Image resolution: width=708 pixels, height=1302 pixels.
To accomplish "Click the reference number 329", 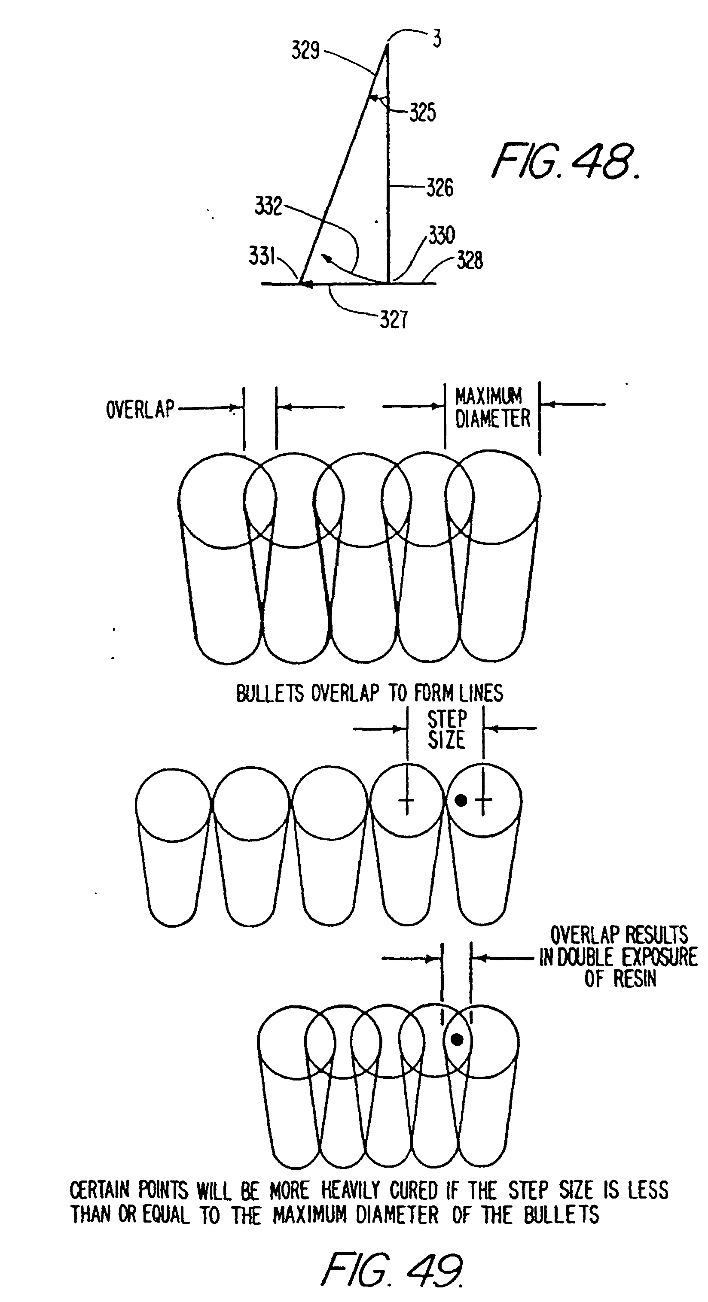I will [x=305, y=51].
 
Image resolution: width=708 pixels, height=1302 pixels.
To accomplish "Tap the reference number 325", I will [x=422, y=112].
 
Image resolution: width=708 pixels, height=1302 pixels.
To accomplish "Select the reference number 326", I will [x=439, y=188].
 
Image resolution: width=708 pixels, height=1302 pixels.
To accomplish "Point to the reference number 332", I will [x=268, y=206].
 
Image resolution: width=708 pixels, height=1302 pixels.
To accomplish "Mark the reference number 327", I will [x=394, y=319].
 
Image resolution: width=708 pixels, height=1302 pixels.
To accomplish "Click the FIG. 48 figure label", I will [x=565, y=161].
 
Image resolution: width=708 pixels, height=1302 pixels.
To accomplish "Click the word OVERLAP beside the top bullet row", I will [x=140, y=409].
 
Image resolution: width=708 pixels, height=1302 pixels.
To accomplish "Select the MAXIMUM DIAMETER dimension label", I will [x=492, y=407].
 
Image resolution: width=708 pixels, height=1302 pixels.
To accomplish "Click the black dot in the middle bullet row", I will [x=461, y=800].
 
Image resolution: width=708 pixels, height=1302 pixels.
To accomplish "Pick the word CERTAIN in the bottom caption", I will [x=100, y=1190].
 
